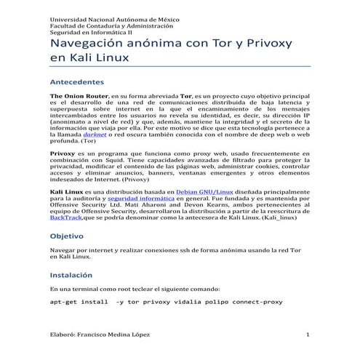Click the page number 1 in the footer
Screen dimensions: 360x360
click(308, 335)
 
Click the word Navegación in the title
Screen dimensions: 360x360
click(89, 44)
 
